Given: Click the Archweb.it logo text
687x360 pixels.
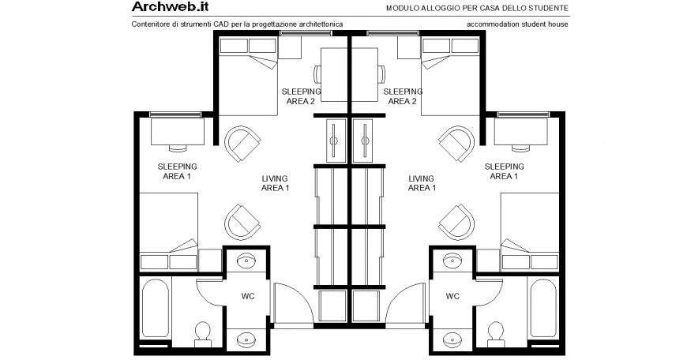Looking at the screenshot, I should (x=170, y=8).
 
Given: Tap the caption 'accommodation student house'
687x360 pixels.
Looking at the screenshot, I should (x=517, y=24).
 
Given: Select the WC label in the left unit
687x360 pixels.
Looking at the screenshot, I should (x=246, y=298).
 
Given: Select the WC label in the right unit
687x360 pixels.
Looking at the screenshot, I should (x=452, y=298).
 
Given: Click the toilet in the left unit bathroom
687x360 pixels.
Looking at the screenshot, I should (x=203, y=334).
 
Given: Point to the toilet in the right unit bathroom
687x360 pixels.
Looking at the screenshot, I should (x=496, y=334).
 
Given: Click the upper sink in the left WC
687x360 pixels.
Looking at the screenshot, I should (x=246, y=260).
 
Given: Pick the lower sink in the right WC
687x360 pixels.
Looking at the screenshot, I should (x=452, y=339).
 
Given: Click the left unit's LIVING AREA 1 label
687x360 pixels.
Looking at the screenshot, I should (x=275, y=183).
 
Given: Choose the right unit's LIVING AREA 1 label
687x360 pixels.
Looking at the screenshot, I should (x=422, y=183).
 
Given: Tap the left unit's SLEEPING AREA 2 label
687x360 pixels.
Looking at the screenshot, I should (x=300, y=96).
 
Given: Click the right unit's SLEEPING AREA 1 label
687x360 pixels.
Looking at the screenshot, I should (x=504, y=171).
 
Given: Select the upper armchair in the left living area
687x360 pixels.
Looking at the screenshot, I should (x=242, y=143).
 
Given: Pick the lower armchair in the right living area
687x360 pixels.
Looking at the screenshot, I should (x=457, y=220).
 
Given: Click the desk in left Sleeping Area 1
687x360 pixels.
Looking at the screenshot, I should (x=177, y=131).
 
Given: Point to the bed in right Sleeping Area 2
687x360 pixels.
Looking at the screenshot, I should (x=452, y=64).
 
